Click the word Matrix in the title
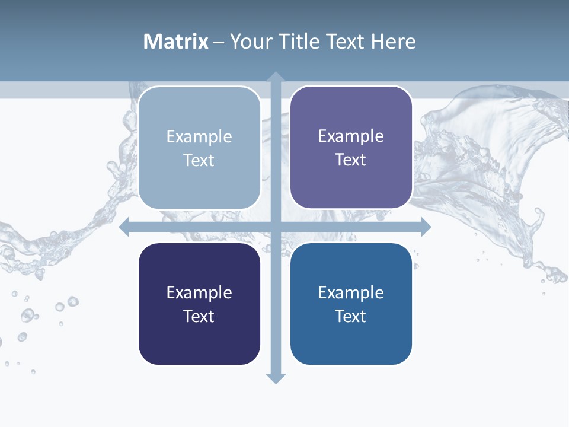175,42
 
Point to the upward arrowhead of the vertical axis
275,77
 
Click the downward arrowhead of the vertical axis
275,378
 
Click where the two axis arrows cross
275,227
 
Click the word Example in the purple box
351,136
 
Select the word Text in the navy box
199,316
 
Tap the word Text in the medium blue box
351,316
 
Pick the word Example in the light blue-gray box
199,136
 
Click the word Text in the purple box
351,160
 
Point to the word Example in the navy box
199,292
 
